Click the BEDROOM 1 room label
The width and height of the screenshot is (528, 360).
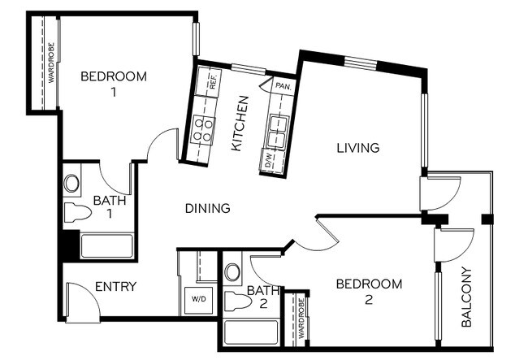tap(114, 84)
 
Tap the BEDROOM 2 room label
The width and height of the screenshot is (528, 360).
tap(369, 291)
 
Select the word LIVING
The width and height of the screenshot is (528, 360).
tap(358, 148)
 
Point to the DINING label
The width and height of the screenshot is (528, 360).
tap(207, 208)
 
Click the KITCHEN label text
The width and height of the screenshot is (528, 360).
tap(240, 124)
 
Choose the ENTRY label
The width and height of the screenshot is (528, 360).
tap(115, 286)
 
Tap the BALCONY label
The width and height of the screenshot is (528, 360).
tap(466, 297)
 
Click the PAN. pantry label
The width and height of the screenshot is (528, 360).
tap(283, 85)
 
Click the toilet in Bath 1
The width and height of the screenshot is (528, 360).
tap(77, 214)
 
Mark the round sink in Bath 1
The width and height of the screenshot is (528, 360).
tap(72, 182)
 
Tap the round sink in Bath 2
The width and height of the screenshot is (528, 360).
tap(232, 271)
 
